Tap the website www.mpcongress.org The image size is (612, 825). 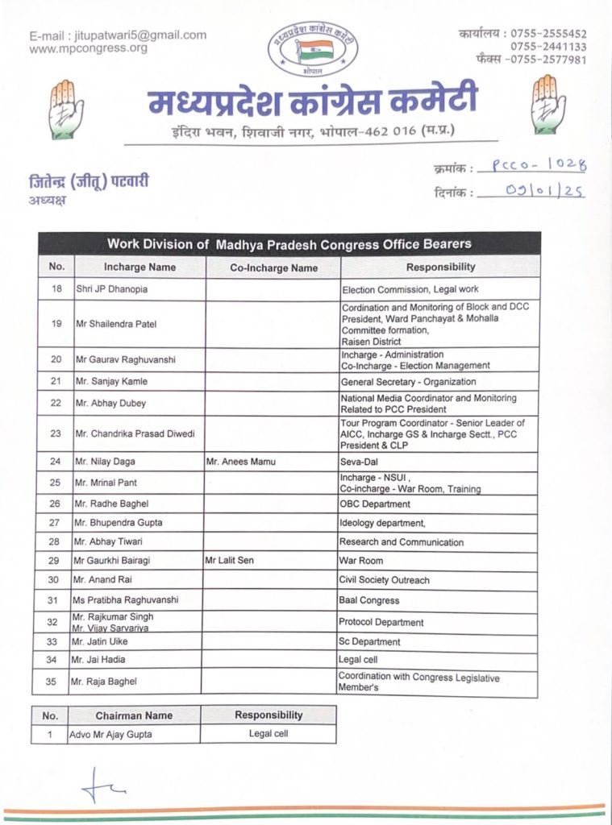coord(88,48)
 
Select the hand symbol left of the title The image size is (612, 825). coord(65,106)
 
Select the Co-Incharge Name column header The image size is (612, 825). coord(274,267)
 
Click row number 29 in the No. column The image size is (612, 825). coord(56,561)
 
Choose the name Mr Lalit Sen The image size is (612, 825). coord(229,561)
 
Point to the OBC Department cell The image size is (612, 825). coord(375,504)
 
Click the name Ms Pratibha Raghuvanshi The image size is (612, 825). coord(126,600)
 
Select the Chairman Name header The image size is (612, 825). coord(134,715)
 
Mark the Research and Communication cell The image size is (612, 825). coord(402,542)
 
